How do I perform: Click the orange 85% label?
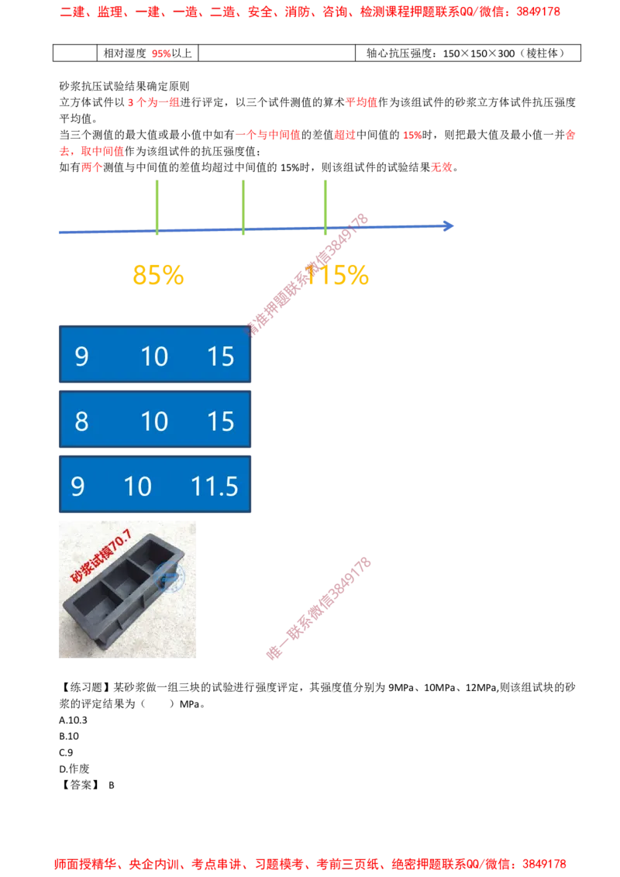[158, 275]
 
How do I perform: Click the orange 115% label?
[337, 275]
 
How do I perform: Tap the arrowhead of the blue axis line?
[448, 226]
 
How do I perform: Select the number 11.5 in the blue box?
[215, 486]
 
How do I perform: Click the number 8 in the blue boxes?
[81, 421]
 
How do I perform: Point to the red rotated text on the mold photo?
[101, 556]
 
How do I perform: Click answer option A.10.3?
[74, 721]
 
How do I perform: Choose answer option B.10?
[69, 737]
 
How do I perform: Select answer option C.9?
[66, 753]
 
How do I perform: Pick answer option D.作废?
[74, 769]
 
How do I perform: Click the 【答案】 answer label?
[81, 786]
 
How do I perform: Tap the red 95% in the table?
[161, 53]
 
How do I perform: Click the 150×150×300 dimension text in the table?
[479, 53]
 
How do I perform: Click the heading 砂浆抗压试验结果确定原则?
[124, 86]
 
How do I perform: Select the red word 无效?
[442, 167]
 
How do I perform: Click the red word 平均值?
[361, 102]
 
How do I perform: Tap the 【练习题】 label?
[85, 687]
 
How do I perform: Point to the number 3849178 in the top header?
[539, 12]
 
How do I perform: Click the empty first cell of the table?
[75, 53]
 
